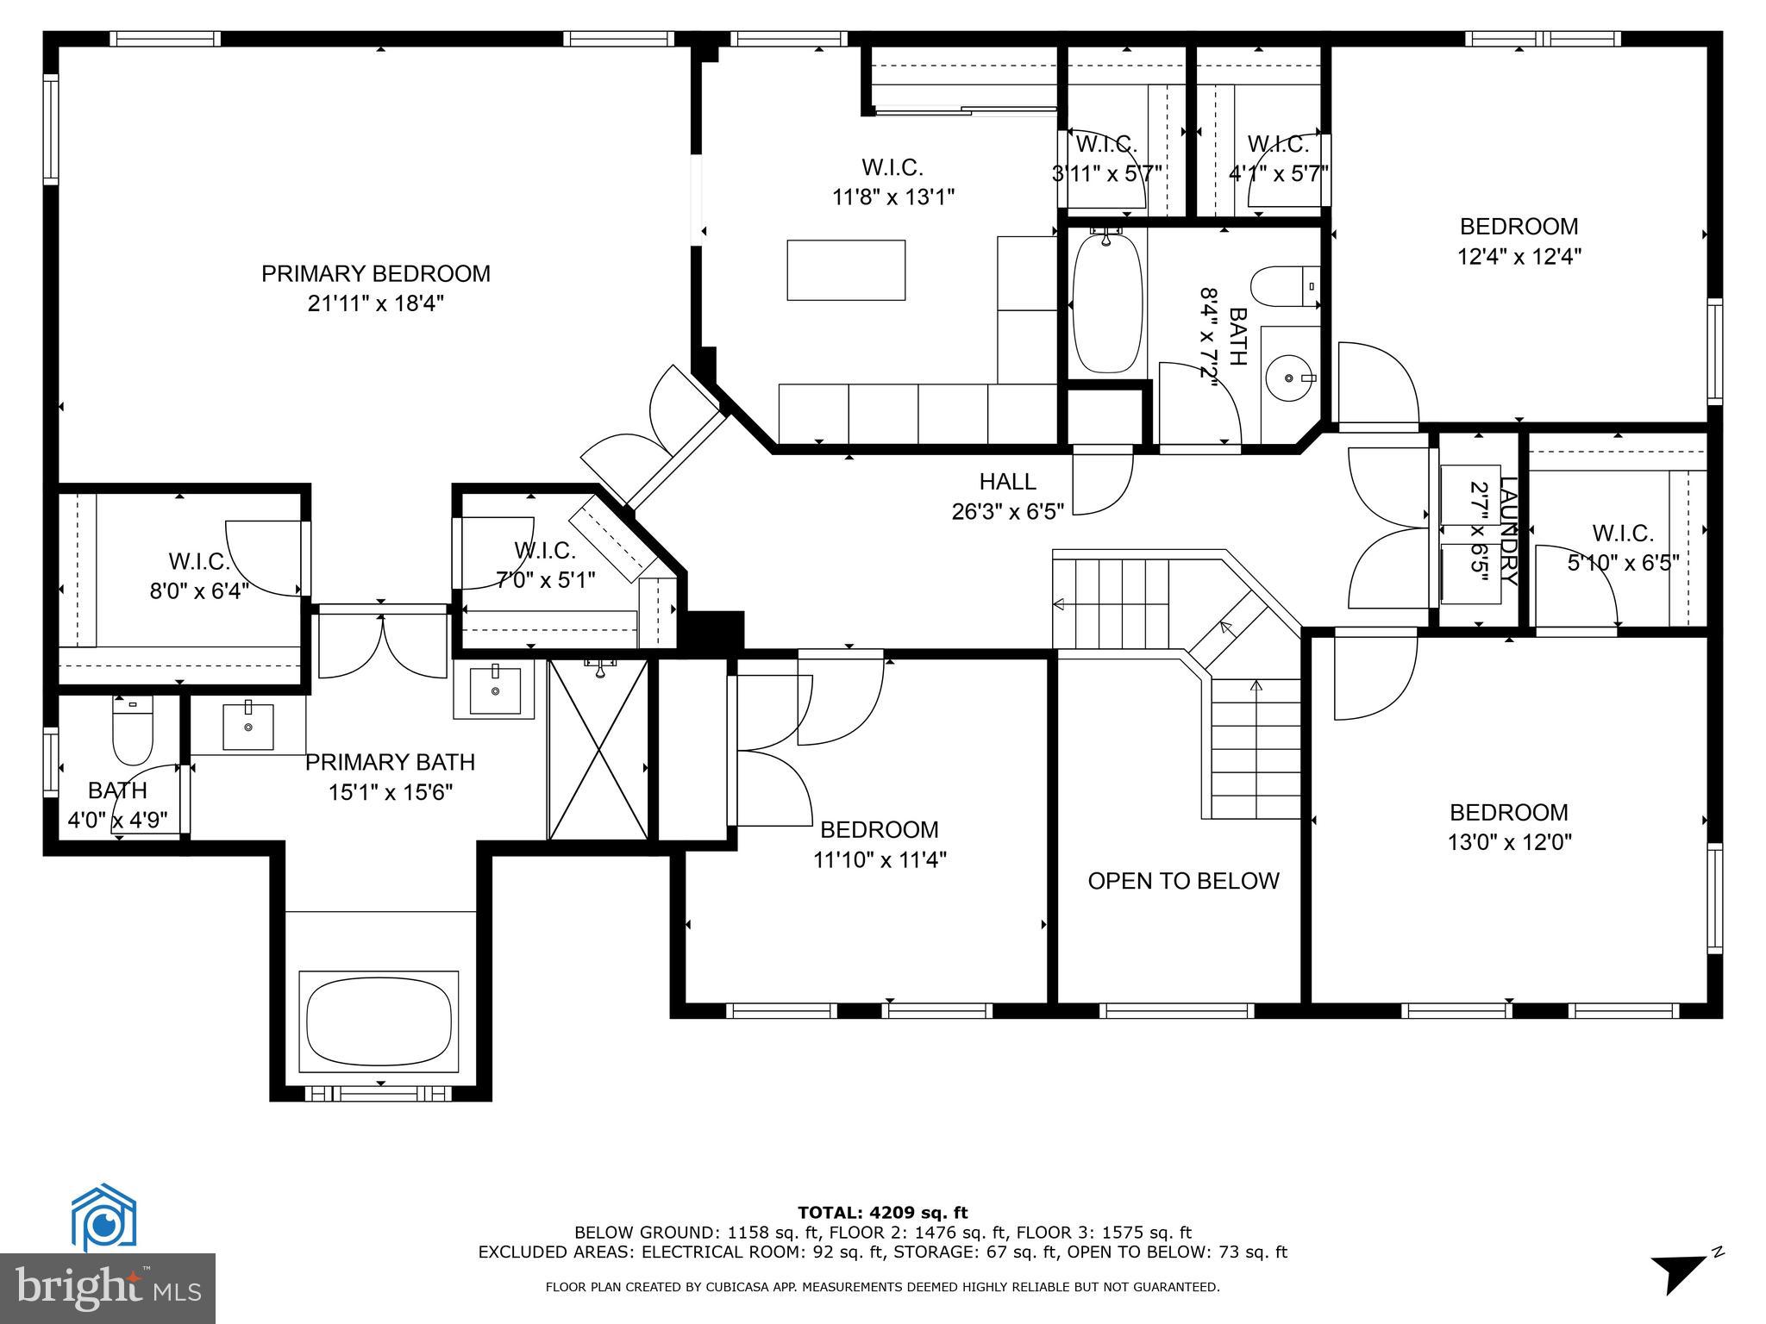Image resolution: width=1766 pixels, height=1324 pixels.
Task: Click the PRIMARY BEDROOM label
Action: pyautogui.click(x=375, y=274)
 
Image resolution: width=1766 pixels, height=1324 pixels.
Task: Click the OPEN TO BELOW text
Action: pyautogui.click(x=1183, y=881)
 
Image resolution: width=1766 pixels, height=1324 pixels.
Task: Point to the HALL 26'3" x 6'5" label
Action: pyautogui.click(x=1007, y=496)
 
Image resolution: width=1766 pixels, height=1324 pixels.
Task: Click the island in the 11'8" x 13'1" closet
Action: pyautogui.click(x=845, y=270)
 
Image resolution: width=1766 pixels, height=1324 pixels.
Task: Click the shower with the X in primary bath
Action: pyautogui.click(x=598, y=748)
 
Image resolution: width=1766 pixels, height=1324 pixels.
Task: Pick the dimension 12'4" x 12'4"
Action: pyautogui.click(x=1519, y=257)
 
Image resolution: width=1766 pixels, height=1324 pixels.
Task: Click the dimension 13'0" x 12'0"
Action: pyautogui.click(x=1509, y=842)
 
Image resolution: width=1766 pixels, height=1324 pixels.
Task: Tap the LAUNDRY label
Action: pyautogui.click(x=1508, y=531)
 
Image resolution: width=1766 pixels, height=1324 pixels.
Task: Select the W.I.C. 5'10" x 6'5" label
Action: pyautogui.click(x=1622, y=548)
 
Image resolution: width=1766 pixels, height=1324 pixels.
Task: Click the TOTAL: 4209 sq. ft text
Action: pyautogui.click(x=882, y=1213)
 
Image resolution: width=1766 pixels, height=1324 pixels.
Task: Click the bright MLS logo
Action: pyautogui.click(x=108, y=1288)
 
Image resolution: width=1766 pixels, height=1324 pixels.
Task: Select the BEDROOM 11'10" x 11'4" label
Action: pyautogui.click(x=879, y=844)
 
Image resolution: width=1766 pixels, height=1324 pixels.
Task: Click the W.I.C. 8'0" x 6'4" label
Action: pyautogui.click(x=199, y=576)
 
